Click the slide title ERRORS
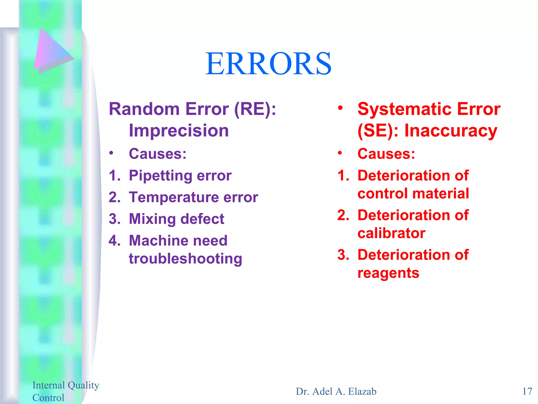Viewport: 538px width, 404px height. [x=268, y=64]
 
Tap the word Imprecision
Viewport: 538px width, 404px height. [x=179, y=130]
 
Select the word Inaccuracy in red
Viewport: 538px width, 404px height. [x=451, y=130]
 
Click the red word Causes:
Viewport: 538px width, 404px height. [x=386, y=154]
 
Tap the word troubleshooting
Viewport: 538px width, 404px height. [x=185, y=259]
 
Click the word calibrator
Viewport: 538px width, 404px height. [x=391, y=233]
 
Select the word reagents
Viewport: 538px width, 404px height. [x=388, y=273]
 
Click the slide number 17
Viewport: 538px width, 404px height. [x=527, y=391]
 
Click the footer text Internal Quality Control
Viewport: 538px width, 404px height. [x=65, y=391]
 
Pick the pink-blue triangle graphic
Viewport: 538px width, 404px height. [x=51, y=51]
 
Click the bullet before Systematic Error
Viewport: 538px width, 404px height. [x=340, y=108]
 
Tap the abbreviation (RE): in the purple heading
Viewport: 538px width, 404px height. [x=255, y=109]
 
